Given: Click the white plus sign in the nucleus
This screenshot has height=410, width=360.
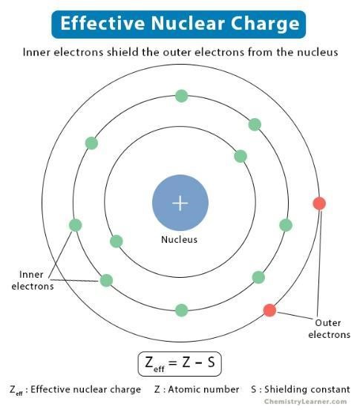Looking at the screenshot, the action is [180, 203].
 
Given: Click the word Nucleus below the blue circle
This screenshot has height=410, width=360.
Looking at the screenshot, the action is [179, 239].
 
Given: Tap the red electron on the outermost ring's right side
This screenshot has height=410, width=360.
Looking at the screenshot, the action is [319, 204].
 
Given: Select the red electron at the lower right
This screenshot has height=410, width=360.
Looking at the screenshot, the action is [269, 310].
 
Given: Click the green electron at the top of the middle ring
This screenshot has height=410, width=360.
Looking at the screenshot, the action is [182, 96].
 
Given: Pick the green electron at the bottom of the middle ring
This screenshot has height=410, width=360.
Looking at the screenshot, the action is [182, 310].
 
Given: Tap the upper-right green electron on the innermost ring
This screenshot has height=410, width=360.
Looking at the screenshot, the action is [240, 157].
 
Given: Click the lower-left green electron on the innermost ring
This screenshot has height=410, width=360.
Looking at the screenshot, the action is [117, 241].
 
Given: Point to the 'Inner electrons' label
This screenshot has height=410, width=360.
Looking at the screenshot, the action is [33, 280].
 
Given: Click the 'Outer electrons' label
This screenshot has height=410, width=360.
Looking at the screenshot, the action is [329, 329].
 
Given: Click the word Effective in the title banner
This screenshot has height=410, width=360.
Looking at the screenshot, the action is [102, 23].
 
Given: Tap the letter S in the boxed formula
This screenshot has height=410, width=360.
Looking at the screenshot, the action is [211, 362].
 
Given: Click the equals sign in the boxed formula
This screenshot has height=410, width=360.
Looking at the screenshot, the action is [173, 363].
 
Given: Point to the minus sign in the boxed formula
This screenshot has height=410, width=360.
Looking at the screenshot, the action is [198, 363].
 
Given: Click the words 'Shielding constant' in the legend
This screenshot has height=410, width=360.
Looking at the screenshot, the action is [307, 389].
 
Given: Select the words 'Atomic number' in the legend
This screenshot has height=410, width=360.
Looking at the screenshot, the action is [203, 389].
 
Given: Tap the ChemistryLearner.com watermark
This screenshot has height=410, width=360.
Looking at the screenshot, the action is [305, 402].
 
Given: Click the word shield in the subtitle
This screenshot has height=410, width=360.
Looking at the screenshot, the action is [122, 52].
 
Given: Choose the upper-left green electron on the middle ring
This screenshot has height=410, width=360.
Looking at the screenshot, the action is [92, 143].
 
